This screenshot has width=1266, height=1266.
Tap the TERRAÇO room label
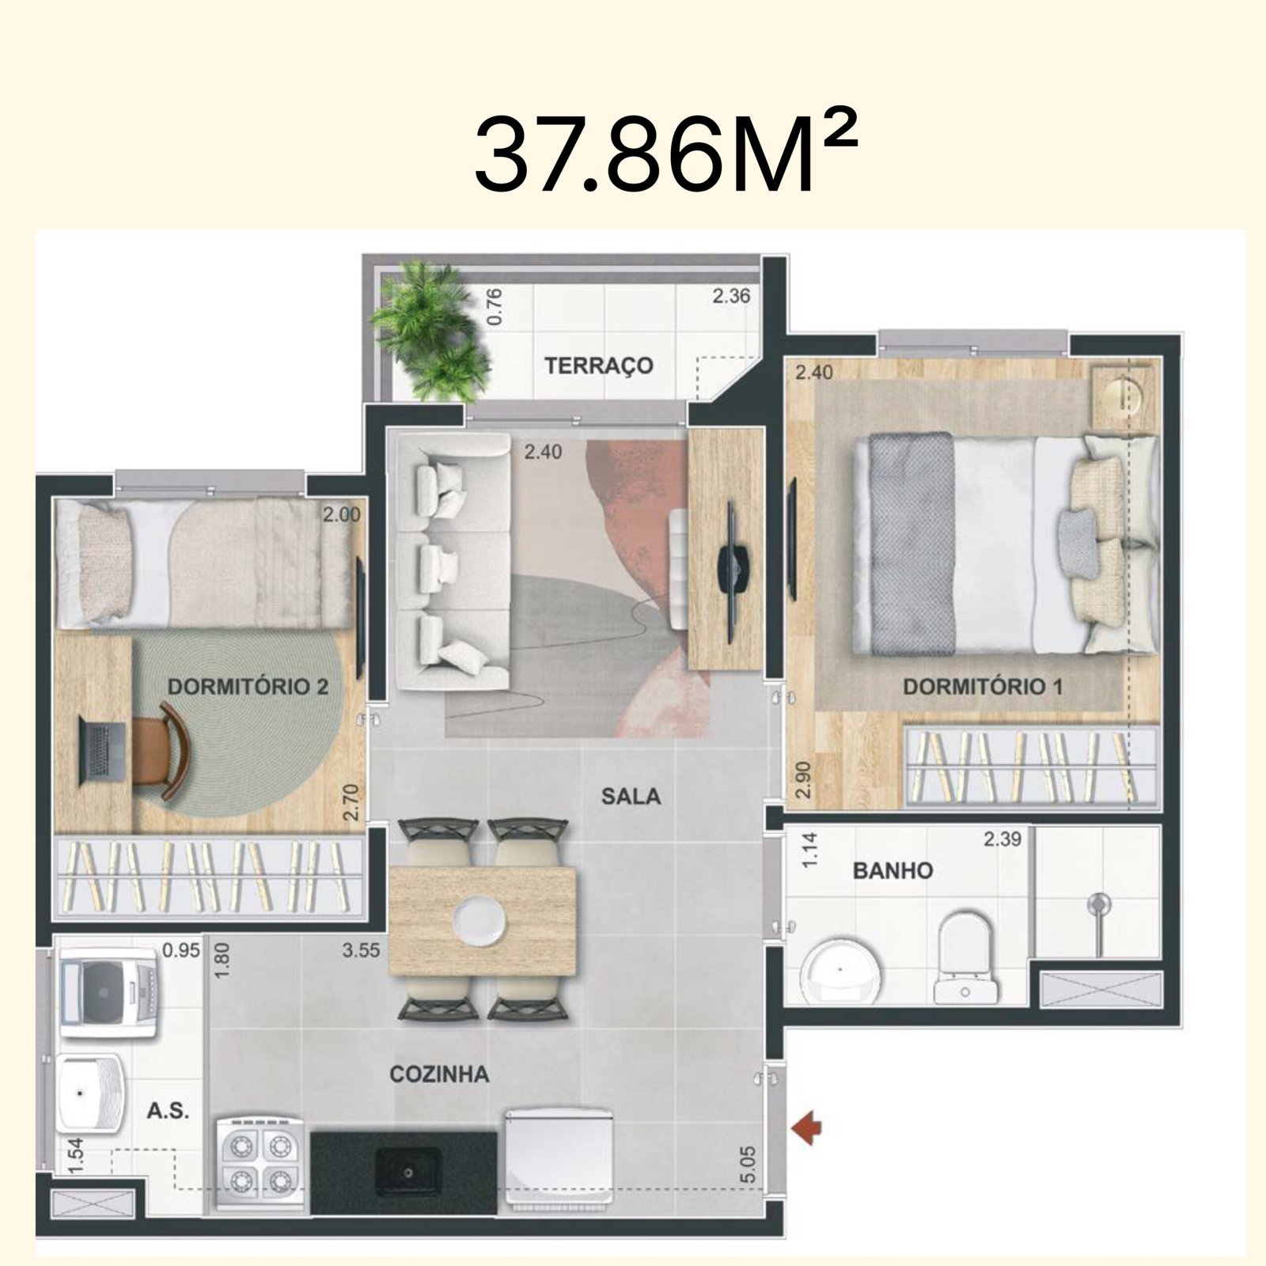pos(598,366)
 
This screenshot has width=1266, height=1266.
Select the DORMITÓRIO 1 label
pos(983,686)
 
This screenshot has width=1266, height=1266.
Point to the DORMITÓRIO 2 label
pos(248,686)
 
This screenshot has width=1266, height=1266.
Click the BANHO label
pos(893,871)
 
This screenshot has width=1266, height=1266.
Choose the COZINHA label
pos(439,1074)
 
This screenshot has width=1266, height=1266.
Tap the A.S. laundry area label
pos(168,1111)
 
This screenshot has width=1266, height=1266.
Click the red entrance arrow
pos(806,1126)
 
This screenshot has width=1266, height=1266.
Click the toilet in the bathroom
pos(965,961)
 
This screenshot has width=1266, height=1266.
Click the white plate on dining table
pos(478,919)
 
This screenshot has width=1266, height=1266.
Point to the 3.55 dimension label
pos(361,950)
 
